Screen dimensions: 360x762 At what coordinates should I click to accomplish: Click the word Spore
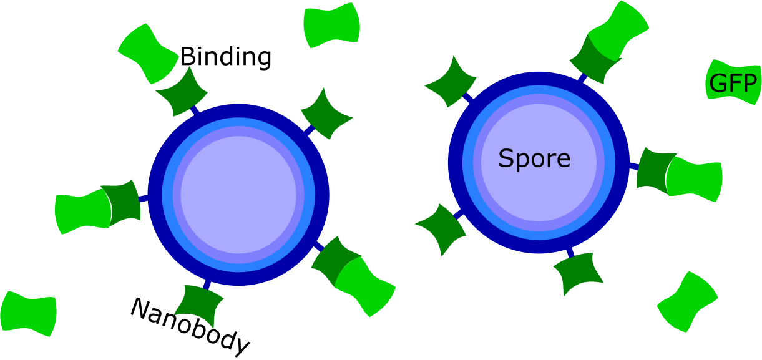point(534,159)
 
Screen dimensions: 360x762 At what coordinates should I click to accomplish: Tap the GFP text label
point(733,84)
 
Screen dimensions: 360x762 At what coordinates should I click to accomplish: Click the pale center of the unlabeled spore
point(238,195)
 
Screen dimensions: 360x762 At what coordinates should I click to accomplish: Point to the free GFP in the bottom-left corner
point(29,313)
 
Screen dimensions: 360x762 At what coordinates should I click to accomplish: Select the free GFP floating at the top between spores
point(331,26)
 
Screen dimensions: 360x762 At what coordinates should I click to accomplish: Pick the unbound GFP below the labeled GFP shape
point(687,302)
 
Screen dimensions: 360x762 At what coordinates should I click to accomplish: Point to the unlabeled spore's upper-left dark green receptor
point(182,92)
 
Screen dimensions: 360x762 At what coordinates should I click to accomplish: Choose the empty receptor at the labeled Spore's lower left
point(441,228)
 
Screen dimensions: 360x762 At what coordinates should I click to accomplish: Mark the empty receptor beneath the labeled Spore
point(578,273)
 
